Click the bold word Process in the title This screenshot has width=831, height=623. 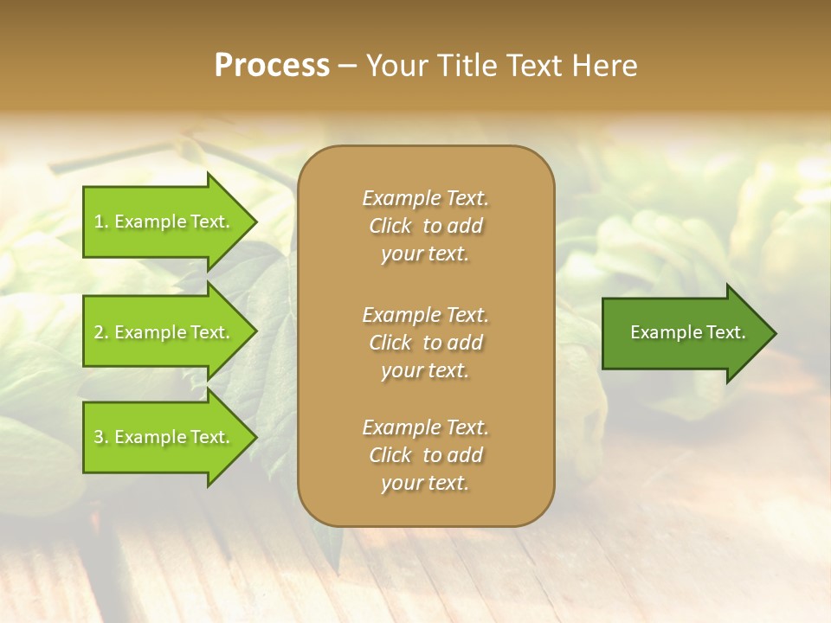pyautogui.click(x=272, y=66)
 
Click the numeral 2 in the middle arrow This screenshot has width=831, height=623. pyautogui.click(x=99, y=332)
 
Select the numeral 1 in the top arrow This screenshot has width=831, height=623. pyautogui.click(x=99, y=222)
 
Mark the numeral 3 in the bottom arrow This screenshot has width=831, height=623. pyautogui.click(x=99, y=437)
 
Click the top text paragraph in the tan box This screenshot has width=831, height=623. pyautogui.click(x=425, y=226)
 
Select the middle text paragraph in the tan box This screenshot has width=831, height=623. pyautogui.click(x=425, y=343)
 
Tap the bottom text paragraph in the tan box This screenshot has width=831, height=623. pyautogui.click(x=425, y=455)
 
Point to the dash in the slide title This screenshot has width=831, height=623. pyautogui.click(x=347, y=67)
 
